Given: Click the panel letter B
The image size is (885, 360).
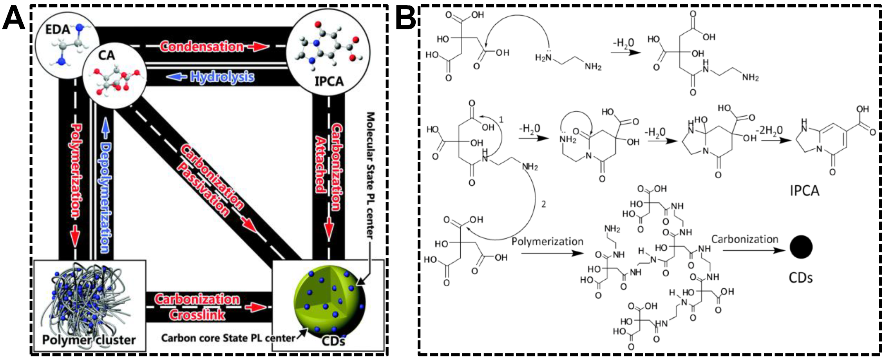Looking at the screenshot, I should coord(405,20).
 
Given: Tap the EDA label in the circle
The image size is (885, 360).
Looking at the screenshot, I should coord(58,29).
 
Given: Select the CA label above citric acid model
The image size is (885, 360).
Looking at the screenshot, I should coord(107,55).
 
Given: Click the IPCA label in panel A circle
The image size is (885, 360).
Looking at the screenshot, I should coord(329,81).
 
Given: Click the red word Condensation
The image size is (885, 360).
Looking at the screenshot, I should coord(202,47).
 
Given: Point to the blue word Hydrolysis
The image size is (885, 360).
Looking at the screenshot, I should coord(222,77).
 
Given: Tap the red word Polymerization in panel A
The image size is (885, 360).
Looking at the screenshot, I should coord(76,170).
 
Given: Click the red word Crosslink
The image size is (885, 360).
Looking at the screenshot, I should coord(197,315).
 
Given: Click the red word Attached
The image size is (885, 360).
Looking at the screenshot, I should coord(321,165).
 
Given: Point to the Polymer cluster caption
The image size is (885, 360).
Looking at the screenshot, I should coord(89,340).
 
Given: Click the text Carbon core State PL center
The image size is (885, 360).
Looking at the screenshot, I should coord(228,338).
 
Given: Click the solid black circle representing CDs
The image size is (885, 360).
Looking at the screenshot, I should coord(801,247).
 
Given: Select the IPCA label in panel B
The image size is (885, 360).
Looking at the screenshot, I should coord(804,191).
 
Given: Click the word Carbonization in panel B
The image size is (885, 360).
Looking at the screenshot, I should coord(744,239).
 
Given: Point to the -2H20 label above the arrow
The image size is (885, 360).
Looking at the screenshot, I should coord(769,130).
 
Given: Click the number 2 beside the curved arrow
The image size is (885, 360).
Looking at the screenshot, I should coord(543,204).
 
